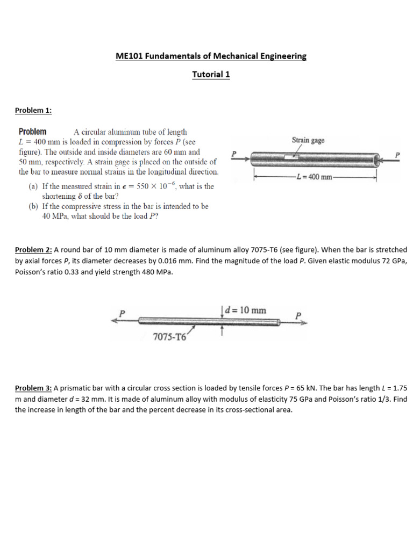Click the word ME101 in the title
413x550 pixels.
(x=127, y=56)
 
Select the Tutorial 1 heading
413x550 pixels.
(x=211, y=75)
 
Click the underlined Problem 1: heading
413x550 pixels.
(x=33, y=110)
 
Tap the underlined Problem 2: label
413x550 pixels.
(x=33, y=250)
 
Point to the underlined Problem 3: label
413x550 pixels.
(x=33, y=388)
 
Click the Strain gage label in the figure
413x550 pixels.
(x=308, y=140)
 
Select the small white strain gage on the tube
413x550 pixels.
(x=291, y=157)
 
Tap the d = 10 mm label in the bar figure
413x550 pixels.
(x=245, y=310)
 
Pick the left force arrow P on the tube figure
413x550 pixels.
(x=238, y=157)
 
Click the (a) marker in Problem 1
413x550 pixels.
(x=33, y=186)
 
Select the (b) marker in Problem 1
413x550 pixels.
(x=33, y=206)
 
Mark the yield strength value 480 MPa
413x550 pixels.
(x=154, y=272)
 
